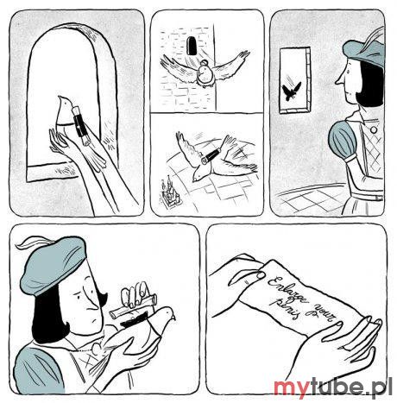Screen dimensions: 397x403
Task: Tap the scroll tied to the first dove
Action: pos(81,125)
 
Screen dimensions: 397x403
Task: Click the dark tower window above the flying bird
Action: pos(191,45)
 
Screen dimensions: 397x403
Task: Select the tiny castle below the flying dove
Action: pos(169,193)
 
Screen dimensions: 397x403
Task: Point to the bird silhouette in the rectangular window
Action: pos(291,91)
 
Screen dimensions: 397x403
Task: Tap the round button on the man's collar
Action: pos(374,129)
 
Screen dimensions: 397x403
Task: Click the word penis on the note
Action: pos(284,309)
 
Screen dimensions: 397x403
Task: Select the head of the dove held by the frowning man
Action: pos(167,314)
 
